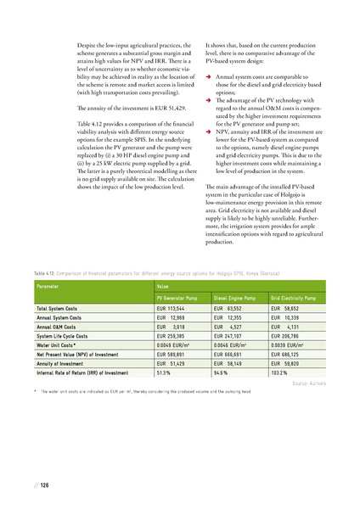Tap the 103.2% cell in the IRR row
click(280, 372)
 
